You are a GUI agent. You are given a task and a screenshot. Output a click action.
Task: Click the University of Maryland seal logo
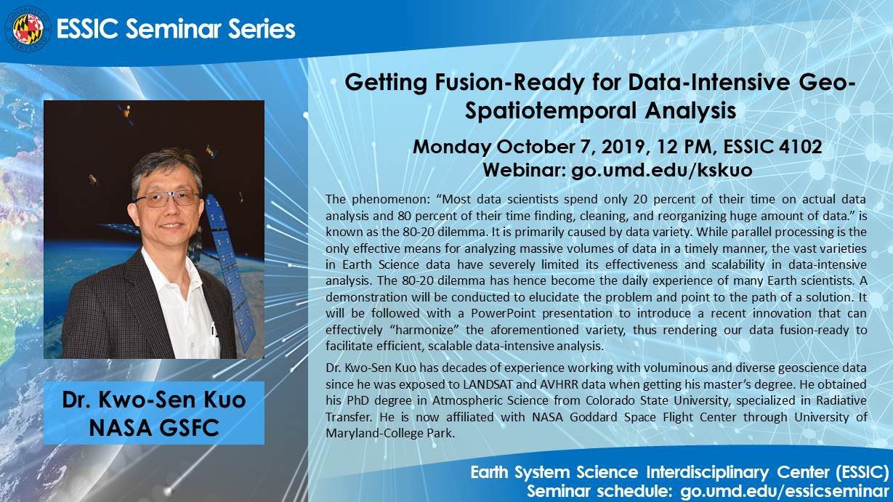pyautogui.click(x=28, y=29)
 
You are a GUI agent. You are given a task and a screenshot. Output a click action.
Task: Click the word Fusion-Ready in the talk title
pyautogui.click(x=509, y=83)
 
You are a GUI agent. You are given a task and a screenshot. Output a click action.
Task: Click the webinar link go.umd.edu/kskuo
pyautogui.click(x=662, y=170)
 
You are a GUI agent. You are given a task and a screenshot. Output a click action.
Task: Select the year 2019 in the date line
pyautogui.click(x=623, y=147)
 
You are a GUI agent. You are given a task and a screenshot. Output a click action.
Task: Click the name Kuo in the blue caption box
pyautogui.click(x=225, y=400)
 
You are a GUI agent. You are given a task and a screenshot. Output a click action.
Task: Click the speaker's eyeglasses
pyautogui.click(x=167, y=198)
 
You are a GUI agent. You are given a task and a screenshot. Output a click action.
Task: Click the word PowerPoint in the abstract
pyautogui.click(x=503, y=313)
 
